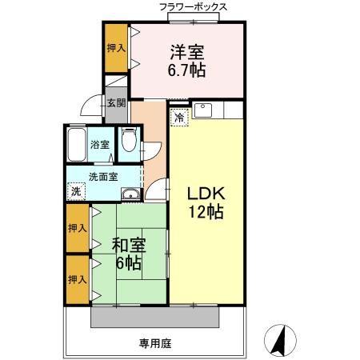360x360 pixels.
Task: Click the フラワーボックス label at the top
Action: point(194,7)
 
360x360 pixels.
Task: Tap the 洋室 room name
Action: point(187,53)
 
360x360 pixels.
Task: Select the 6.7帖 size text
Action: point(187,70)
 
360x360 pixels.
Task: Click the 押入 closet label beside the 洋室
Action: point(116,49)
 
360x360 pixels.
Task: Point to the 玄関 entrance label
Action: point(116,102)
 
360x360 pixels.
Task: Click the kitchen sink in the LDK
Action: point(202,110)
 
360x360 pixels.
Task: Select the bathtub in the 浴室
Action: point(78,145)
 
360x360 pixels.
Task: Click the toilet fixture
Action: point(128,143)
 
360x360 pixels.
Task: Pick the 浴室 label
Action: point(99,146)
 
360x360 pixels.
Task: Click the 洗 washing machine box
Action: point(74,192)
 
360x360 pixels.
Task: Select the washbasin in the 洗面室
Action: point(130,194)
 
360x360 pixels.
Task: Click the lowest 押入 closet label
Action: point(78,279)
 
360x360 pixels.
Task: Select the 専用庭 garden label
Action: point(155,344)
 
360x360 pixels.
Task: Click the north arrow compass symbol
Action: point(280,339)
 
